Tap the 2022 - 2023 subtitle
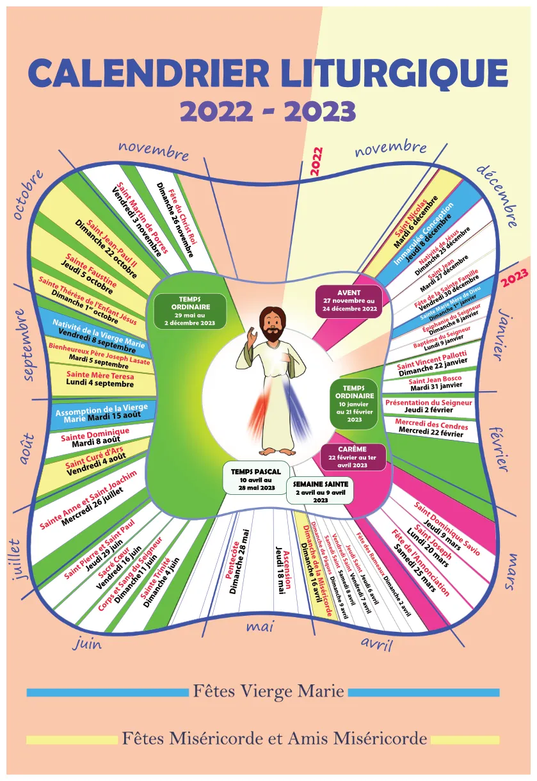[x=268, y=111]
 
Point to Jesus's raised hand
[x=252, y=335]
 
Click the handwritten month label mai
[x=260, y=628]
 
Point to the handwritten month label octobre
[x=28, y=194]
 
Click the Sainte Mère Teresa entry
[x=100, y=379]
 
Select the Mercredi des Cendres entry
[x=431, y=429]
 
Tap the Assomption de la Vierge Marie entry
[x=102, y=413]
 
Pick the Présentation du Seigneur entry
[x=428, y=406]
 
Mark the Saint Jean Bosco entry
[x=435, y=383]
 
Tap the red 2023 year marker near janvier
[x=514, y=277]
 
